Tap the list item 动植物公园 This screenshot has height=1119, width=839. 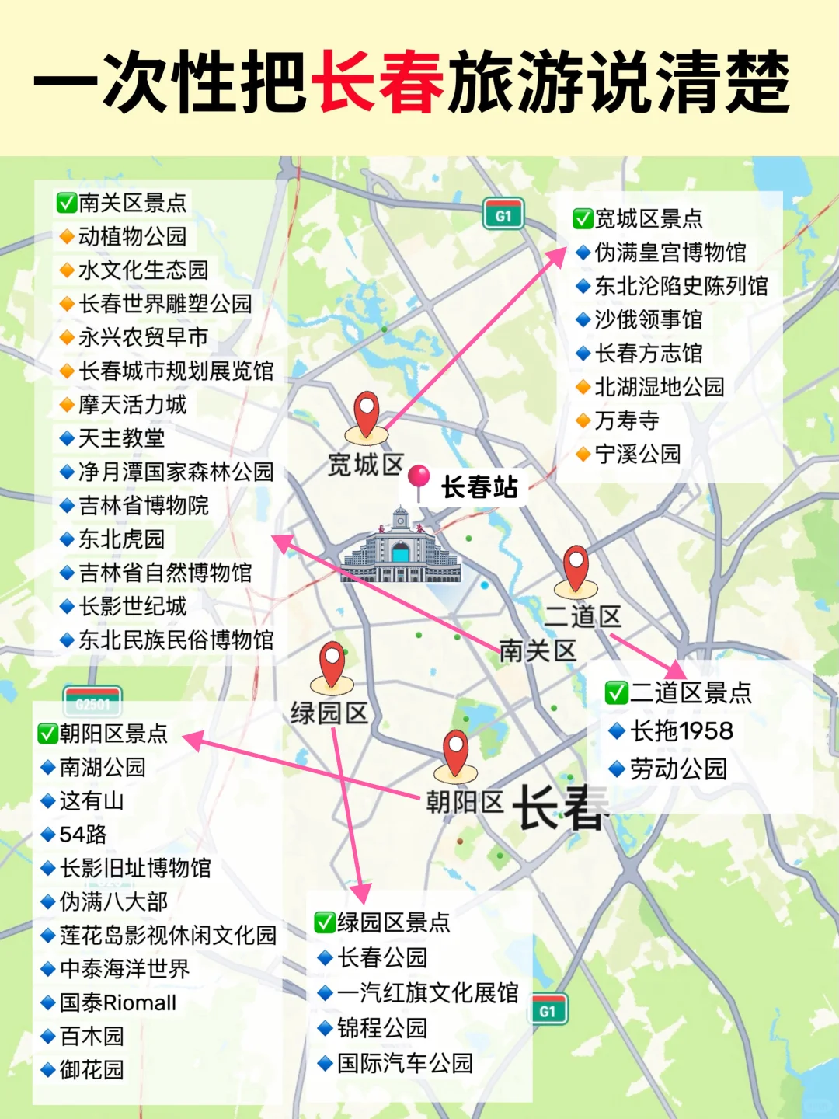[x=132, y=236]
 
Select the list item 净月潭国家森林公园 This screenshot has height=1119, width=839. [x=176, y=472]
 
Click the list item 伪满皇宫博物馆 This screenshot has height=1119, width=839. [x=670, y=253]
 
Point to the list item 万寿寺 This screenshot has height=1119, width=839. [x=626, y=420]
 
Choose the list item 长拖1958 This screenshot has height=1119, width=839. [x=681, y=730]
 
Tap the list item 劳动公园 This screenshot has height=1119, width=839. [x=677, y=769]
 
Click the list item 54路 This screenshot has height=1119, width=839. [x=83, y=834]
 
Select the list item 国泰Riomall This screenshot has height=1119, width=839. [x=118, y=1002]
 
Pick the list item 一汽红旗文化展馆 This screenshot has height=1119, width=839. [x=427, y=992]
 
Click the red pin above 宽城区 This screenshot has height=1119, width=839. [x=366, y=413]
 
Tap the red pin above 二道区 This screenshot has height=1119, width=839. [x=576, y=566]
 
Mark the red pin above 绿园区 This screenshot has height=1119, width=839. [x=332, y=664]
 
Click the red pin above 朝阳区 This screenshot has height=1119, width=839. [x=455, y=751]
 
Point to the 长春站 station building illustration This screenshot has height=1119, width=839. [x=401, y=547]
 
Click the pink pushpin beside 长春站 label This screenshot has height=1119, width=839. [x=419, y=478]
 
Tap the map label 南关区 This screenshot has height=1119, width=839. [x=538, y=650]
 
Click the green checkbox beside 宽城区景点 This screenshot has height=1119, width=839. [x=583, y=219]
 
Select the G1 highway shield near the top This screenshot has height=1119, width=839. [x=503, y=215]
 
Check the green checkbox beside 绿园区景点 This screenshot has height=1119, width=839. [x=324, y=922]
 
